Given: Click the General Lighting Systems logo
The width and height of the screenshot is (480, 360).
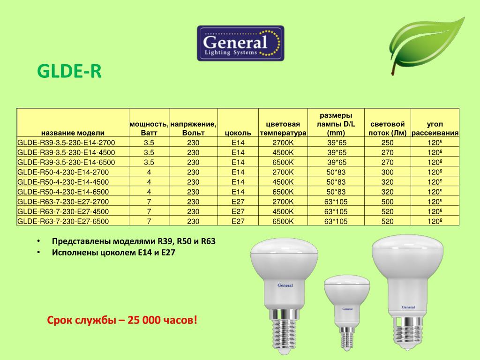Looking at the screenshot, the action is pyautogui.click(x=240, y=43).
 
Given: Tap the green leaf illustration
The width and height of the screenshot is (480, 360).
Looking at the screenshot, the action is pyautogui.click(x=426, y=45).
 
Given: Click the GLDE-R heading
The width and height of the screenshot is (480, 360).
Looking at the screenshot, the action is pyautogui.click(x=69, y=71).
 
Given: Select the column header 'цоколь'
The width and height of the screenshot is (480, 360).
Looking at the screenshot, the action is pyautogui.click(x=238, y=133).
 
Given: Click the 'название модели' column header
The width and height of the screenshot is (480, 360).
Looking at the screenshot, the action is pyautogui.click(x=73, y=133).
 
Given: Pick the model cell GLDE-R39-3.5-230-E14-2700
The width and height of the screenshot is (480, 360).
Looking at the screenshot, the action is pyautogui.click(x=66, y=142).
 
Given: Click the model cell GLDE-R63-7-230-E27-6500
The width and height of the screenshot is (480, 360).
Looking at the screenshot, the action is pyautogui.click(x=63, y=221).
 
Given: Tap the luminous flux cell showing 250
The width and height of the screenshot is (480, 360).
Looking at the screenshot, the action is pyautogui.click(x=387, y=142).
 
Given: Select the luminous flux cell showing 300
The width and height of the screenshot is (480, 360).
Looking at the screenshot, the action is pyautogui.click(x=387, y=172).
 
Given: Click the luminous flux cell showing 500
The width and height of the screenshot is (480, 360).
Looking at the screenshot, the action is pyautogui.click(x=387, y=202).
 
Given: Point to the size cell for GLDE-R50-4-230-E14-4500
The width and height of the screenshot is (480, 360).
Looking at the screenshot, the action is pyautogui.click(x=336, y=182).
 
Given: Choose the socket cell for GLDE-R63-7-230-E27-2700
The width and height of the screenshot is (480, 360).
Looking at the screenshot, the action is pyautogui.click(x=238, y=202).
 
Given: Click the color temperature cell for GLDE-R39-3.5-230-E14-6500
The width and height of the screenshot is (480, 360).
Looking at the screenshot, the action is pyautogui.click(x=283, y=162).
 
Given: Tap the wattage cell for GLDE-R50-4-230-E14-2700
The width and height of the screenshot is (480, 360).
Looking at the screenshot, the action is pyautogui.click(x=149, y=172).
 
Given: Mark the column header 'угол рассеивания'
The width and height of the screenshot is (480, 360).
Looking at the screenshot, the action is pyautogui.click(x=435, y=128).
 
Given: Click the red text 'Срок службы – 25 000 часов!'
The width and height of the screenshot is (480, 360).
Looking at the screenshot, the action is pyautogui.click(x=122, y=320).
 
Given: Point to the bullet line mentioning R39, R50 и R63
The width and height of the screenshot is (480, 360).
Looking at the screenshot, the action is pyautogui.click(x=134, y=241).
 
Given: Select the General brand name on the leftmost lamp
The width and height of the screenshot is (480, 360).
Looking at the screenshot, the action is pyautogui.click(x=285, y=285).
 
